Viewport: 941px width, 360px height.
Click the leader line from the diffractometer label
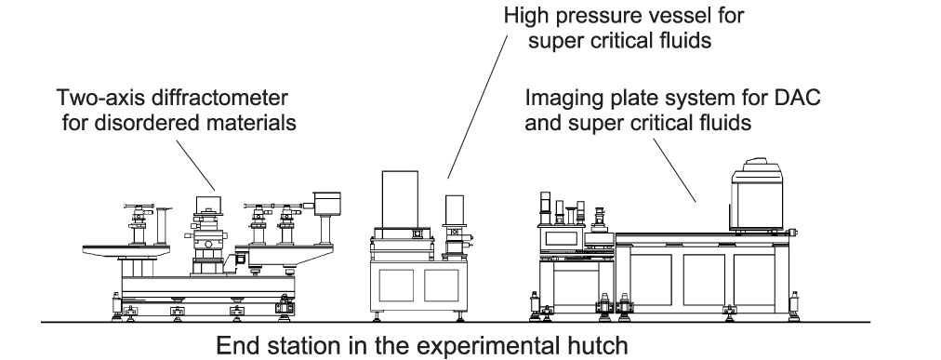tap(195, 166)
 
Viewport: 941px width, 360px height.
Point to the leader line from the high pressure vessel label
tap(477, 106)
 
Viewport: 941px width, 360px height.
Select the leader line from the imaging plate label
tap(674, 170)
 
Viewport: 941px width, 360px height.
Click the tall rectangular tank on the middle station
tap(400, 199)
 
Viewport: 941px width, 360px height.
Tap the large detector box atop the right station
tap(757, 195)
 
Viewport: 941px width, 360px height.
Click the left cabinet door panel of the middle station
tap(396, 285)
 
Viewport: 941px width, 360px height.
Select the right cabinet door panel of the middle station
tap(442, 285)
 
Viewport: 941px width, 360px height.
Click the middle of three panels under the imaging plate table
tap(704, 280)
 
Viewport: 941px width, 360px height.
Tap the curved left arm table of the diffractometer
tap(126, 251)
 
